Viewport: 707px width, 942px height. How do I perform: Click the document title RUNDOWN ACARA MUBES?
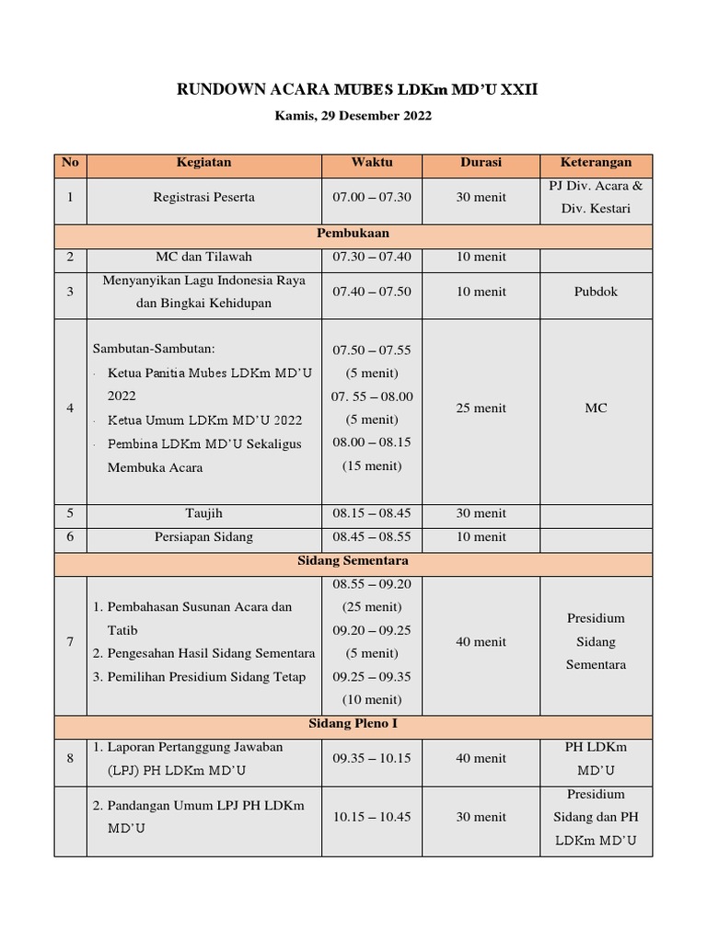[x=356, y=89]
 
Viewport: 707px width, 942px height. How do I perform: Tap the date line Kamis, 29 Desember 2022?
[x=353, y=116]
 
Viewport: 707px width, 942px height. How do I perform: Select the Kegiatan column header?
[x=203, y=163]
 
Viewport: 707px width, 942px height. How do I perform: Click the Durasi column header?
[x=481, y=163]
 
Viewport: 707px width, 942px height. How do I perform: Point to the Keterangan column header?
[x=596, y=163]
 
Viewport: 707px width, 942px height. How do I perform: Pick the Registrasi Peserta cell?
[x=203, y=197]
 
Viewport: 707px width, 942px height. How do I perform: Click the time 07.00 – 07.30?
[x=372, y=197]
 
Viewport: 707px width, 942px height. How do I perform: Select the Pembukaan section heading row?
[x=353, y=234]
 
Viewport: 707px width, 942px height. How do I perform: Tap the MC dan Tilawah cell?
[x=203, y=257]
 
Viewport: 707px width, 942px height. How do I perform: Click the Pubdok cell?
[x=596, y=292]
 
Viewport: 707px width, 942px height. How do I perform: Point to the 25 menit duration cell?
[x=481, y=408]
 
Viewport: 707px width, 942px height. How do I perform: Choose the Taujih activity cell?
[x=203, y=513]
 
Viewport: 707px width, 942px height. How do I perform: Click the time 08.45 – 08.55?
[x=372, y=536]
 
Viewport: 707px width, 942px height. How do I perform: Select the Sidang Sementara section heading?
[x=353, y=560]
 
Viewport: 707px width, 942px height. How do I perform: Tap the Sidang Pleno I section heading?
[x=353, y=724]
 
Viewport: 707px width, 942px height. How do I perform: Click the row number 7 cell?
[x=70, y=642]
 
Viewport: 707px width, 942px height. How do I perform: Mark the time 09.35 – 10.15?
[x=372, y=759]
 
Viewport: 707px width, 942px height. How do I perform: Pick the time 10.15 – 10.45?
[x=372, y=817]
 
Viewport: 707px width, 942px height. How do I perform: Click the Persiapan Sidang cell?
[x=203, y=536]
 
